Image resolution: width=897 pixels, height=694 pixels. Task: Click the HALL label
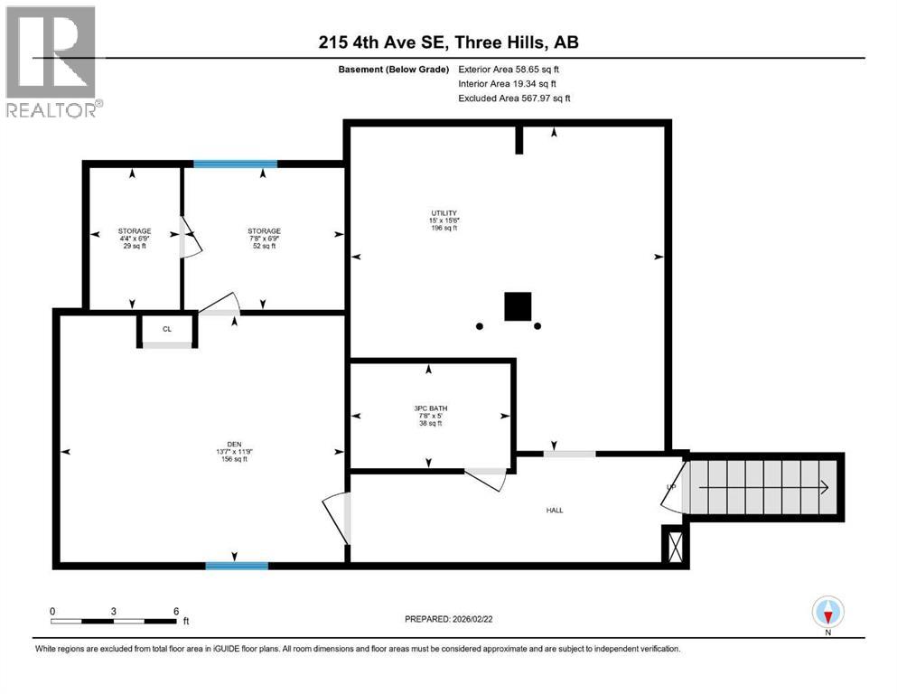pyautogui.click(x=555, y=511)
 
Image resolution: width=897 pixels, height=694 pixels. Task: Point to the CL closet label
pyautogui.click(x=167, y=330)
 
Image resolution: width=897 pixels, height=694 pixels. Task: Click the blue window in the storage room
pyautogui.click(x=235, y=164)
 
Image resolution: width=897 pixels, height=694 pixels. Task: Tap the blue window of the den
pyautogui.click(x=237, y=566)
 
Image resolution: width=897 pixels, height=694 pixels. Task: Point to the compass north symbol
pyautogui.click(x=827, y=613)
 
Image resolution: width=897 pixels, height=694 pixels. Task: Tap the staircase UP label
pyautogui.click(x=670, y=487)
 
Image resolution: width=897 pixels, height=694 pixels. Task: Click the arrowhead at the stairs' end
pyautogui.click(x=824, y=487)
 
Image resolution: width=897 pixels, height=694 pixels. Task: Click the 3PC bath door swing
pyautogui.click(x=486, y=479)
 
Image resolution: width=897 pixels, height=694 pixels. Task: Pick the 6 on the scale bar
pyautogui.click(x=175, y=610)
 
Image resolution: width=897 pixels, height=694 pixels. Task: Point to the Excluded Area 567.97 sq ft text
pyautogui.click(x=514, y=98)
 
